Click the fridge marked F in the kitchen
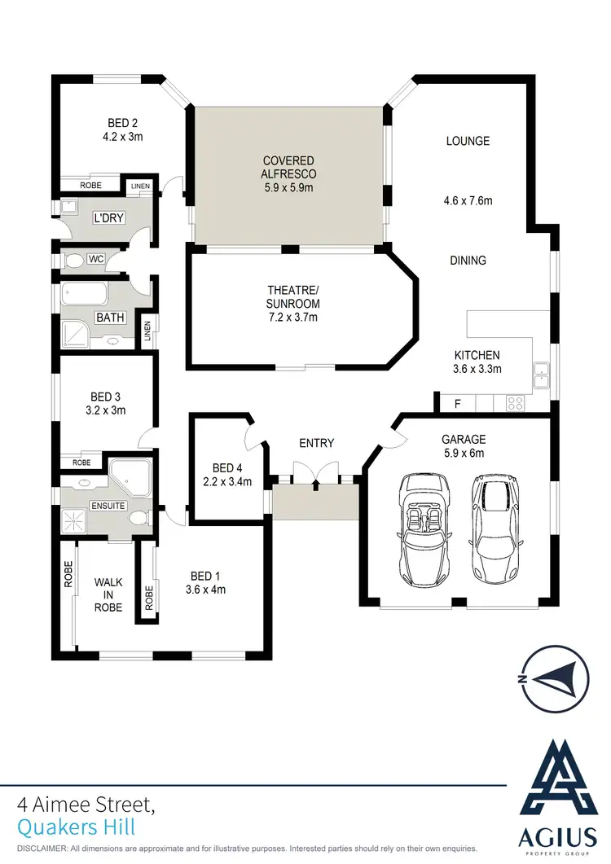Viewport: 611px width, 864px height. pyautogui.click(x=457, y=403)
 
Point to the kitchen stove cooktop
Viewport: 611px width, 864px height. pyautogui.click(x=516, y=402)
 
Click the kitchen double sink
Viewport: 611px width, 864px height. pyautogui.click(x=542, y=375)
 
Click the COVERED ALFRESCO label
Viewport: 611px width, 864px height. pyautogui.click(x=288, y=167)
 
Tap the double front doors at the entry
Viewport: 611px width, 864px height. pyautogui.click(x=314, y=475)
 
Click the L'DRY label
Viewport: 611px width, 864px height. pyautogui.click(x=108, y=218)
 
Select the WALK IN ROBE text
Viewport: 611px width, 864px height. pyautogui.click(x=108, y=594)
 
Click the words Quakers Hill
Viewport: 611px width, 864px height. pyautogui.click(x=76, y=827)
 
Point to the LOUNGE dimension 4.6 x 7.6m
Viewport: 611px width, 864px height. pyautogui.click(x=468, y=200)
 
